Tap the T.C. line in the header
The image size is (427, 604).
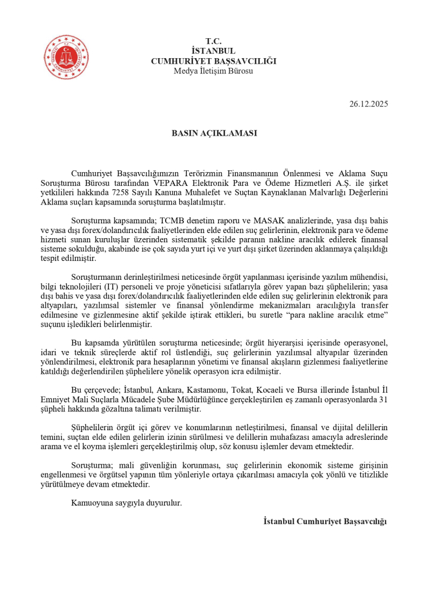(x=213, y=41)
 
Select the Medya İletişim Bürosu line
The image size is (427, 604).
(x=213, y=71)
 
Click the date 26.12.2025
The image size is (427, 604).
(x=369, y=104)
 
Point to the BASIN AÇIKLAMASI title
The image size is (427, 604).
(x=214, y=133)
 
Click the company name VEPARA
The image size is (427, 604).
(x=171, y=183)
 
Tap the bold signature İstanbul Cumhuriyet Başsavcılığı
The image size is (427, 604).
(x=325, y=521)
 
